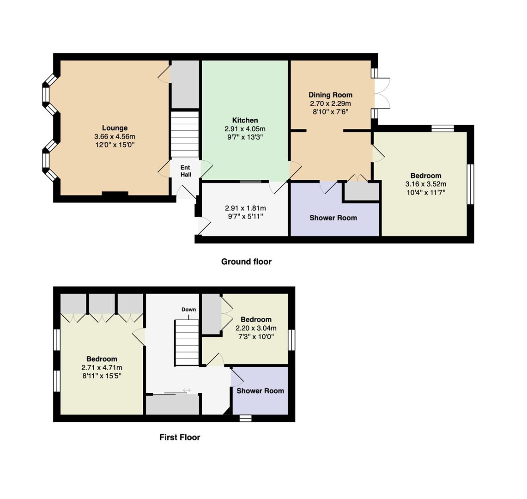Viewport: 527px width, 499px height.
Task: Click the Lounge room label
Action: (115, 128)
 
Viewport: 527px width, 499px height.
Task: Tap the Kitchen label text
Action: (245, 120)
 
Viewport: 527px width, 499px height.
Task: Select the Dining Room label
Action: (330, 95)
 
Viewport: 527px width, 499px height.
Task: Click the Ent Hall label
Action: (186, 171)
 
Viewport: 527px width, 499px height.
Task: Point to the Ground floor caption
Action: (246, 262)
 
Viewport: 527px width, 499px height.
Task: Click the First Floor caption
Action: (180, 437)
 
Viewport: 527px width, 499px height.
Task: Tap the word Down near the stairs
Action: (188, 310)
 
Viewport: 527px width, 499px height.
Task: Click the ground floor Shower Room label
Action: (333, 218)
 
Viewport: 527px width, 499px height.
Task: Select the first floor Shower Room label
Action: (260, 391)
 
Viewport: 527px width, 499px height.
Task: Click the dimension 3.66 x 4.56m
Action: (115, 136)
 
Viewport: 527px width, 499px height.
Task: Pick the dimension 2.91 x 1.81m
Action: (245, 208)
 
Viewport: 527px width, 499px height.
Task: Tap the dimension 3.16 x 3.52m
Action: (426, 184)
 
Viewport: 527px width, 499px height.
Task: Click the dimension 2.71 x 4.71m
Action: (102, 367)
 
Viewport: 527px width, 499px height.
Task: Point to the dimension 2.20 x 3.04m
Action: (256, 328)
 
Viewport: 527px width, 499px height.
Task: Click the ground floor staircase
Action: (185, 134)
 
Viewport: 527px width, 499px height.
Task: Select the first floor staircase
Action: (187, 343)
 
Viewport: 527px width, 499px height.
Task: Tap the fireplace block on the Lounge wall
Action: (115, 193)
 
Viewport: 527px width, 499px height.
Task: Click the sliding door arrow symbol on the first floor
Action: (187, 390)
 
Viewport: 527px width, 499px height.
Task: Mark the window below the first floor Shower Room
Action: (245, 418)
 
